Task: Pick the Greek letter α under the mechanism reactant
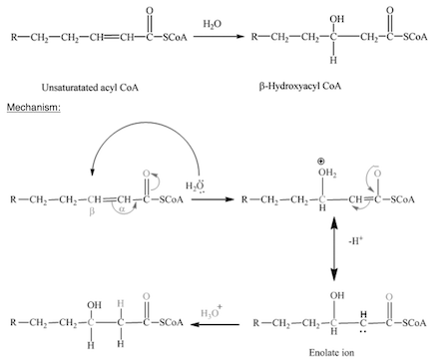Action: [x=123, y=211]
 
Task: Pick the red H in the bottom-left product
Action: [x=119, y=302]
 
